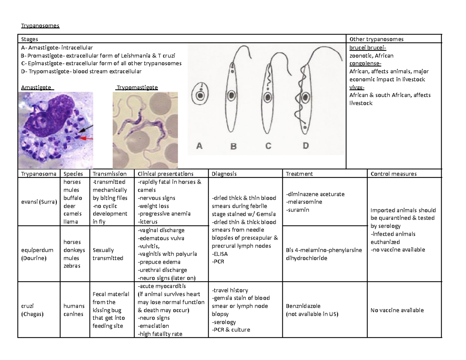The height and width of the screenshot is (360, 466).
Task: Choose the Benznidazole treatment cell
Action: [312, 310]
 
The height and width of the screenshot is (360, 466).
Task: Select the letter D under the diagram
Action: [306, 146]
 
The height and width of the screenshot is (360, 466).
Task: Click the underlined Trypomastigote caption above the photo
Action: [137, 87]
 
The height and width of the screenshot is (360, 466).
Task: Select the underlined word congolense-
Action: [365, 64]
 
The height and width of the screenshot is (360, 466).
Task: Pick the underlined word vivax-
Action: [357, 87]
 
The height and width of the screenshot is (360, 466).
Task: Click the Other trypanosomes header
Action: [376, 39]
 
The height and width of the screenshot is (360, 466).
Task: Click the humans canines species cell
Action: [73, 310]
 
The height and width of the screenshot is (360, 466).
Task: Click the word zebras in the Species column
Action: [73, 266]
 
